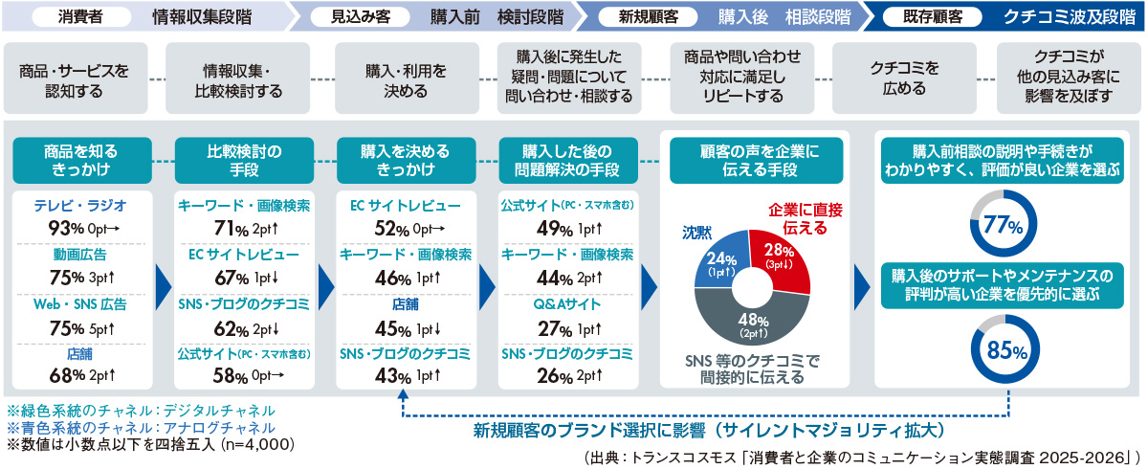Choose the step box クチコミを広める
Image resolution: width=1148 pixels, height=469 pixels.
[x=897, y=80]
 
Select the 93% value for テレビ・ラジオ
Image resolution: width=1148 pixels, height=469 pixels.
[x=62, y=229]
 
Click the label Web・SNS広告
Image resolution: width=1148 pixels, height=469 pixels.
[x=80, y=304]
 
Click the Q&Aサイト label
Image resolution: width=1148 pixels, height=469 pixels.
[x=566, y=304]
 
